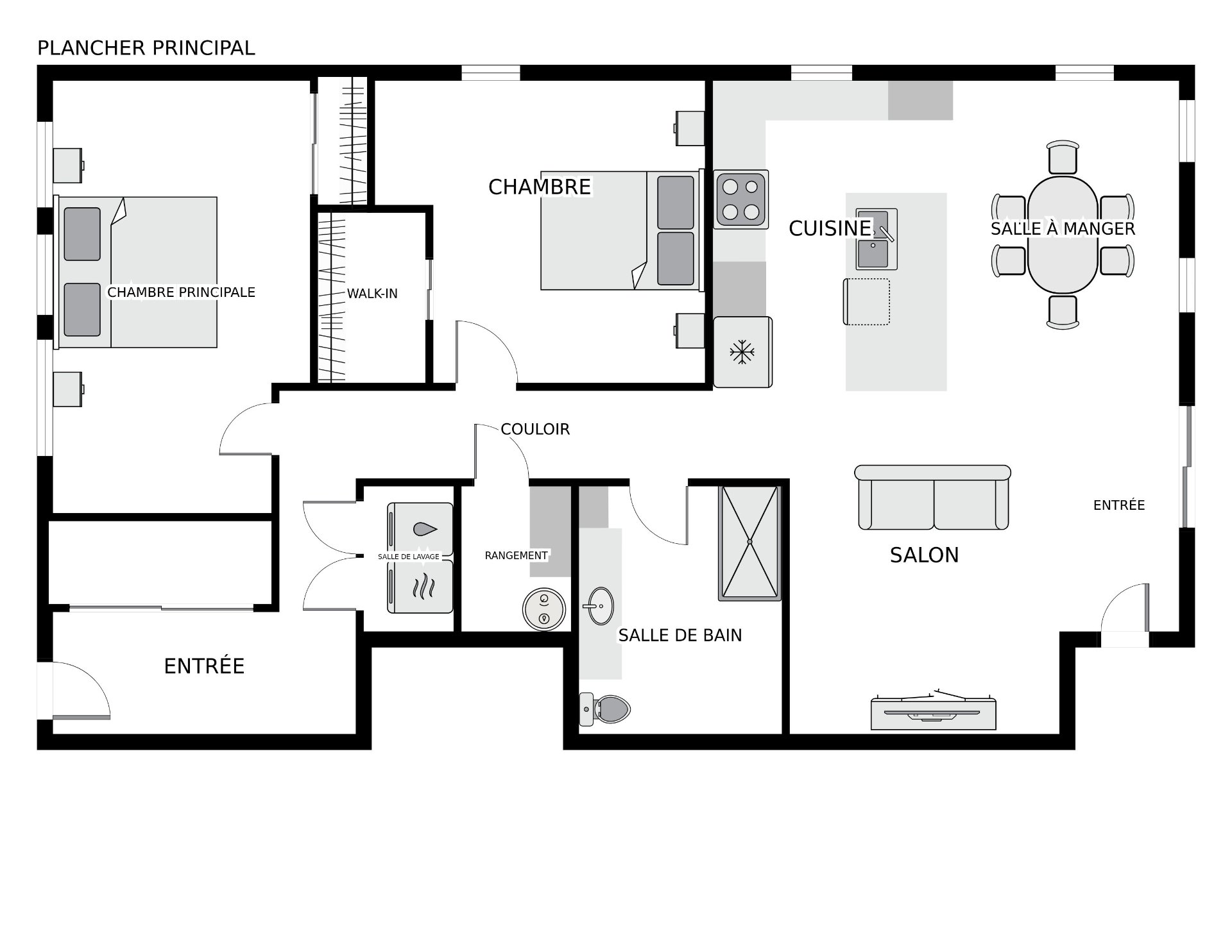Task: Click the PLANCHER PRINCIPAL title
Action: click(x=146, y=48)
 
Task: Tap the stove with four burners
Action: click(x=741, y=199)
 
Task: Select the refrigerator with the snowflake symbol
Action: click(x=742, y=352)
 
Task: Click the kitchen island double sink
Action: click(x=877, y=239)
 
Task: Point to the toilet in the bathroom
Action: click(x=604, y=709)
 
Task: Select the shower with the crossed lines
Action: click(x=749, y=543)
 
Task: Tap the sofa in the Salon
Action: click(x=933, y=497)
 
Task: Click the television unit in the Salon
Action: click(x=934, y=711)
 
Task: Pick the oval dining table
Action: click(x=1063, y=235)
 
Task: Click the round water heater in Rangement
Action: click(x=544, y=609)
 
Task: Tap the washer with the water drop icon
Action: click(x=420, y=530)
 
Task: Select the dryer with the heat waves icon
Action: click(x=420, y=587)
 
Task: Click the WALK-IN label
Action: click(x=372, y=294)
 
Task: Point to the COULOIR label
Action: click(x=535, y=429)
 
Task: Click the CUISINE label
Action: click(x=830, y=228)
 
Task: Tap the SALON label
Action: click(x=924, y=555)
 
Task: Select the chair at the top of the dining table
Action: click(x=1063, y=157)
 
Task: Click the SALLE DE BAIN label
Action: click(x=680, y=635)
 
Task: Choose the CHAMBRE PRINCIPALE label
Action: click(x=182, y=292)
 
